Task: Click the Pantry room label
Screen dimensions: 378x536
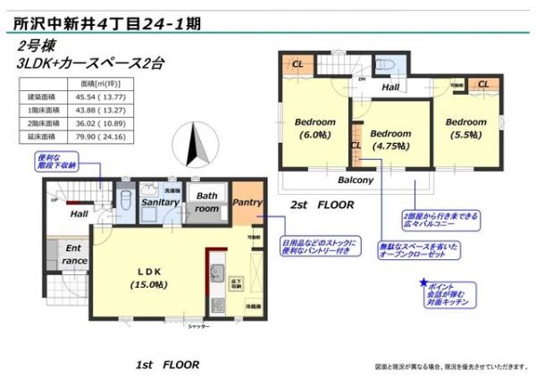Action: point(247,203)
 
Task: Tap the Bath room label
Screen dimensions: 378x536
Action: point(206,202)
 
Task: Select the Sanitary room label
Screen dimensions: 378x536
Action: point(162,203)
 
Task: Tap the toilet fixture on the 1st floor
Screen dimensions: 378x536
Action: point(126,197)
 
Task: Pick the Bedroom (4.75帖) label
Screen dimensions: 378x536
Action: point(389,139)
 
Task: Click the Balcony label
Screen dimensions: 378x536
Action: point(355,180)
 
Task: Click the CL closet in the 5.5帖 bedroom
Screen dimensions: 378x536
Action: point(482,84)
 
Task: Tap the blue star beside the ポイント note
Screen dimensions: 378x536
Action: point(423,283)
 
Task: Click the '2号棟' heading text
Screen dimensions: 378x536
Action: point(35,46)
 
